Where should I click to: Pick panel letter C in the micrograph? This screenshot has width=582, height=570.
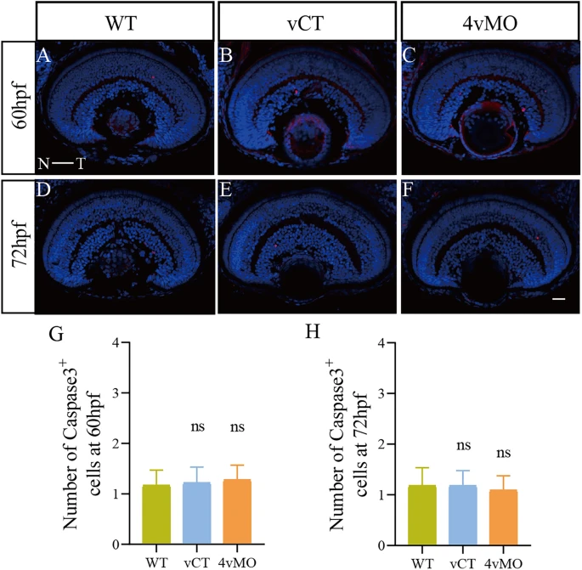coord(409,58)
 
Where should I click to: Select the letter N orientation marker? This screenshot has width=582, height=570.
coord(43,165)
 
